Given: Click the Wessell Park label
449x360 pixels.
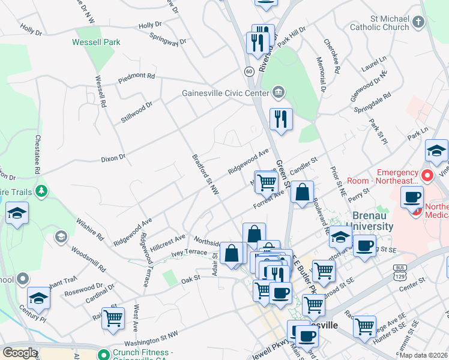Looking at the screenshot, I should (96, 42).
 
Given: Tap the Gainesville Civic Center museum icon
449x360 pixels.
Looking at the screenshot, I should (278, 92).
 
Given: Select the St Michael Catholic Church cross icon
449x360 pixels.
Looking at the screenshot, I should (418, 22).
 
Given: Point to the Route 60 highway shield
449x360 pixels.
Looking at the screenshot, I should (249, 71).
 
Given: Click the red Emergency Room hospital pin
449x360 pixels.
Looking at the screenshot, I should (427, 176).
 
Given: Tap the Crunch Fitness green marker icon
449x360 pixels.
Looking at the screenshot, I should (103, 353).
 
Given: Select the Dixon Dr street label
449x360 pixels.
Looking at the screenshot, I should (113, 158).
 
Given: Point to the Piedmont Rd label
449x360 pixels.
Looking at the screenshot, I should (137, 77).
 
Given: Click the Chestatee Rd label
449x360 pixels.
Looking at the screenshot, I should (37, 154).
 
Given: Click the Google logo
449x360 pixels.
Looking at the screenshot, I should (20, 353).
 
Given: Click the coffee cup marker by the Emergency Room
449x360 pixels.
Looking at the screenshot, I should (412, 198).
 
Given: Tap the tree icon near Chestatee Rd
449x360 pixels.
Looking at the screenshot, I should (41, 191).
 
